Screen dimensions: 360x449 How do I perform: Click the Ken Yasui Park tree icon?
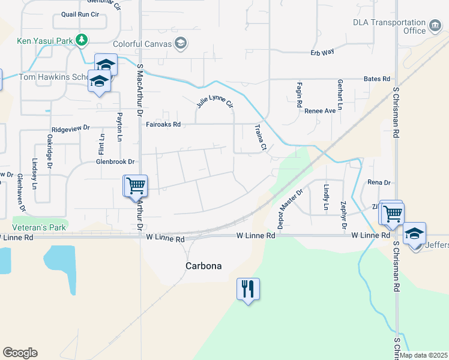pyautogui.click(x=82, y=41)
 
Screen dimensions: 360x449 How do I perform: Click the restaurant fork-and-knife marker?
pyautogui.click(x=247, y=289)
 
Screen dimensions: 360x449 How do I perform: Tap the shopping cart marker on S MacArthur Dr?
pyautogui.click(x=135, y=186)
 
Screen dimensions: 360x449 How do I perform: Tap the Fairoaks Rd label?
pyautogui.click(x=163, y=125)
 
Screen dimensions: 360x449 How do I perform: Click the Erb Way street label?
pyautogui.click(x=322, y=53)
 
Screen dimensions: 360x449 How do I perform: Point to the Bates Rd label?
pyautogui.click(x=377, y=79)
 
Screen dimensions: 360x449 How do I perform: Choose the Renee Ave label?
pyautogui.click(x=320, y=111)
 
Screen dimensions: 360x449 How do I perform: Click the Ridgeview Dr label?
pyautogui.click(x=70, y=128)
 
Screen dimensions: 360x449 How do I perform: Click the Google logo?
pyautogui.click(x=20, y=353)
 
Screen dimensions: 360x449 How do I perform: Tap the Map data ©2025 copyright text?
pyautogui.click(x=424, y=355)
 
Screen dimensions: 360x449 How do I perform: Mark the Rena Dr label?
pyautogui.click(x=379, y=182)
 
